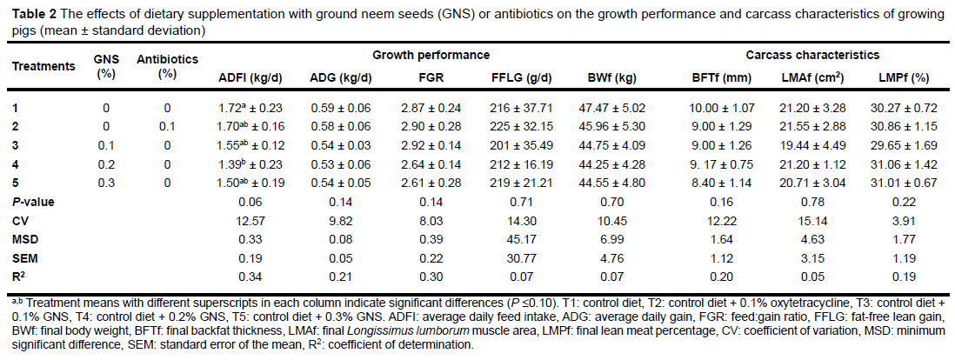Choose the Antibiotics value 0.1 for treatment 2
[x=168, y=127]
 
